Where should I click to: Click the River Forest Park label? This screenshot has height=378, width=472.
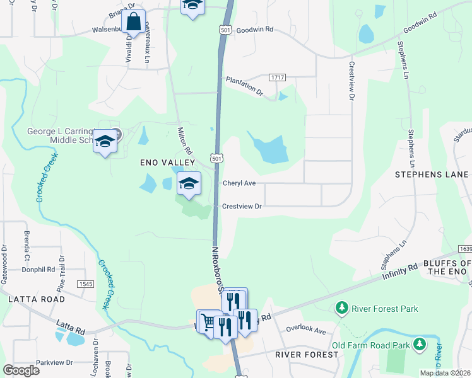click(x=380, y=308)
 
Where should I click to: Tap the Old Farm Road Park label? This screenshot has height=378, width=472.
click(x=370, y=345)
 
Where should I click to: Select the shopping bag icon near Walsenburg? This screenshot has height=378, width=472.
click(x=134, y=23)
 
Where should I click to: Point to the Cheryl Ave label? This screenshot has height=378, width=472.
click(x=239, y=183)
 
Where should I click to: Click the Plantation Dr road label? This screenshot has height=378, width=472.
click(x=244, y=86)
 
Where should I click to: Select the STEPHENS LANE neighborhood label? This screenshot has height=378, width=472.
click(x=432, y=174)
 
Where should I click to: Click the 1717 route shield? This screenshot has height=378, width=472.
click(x=277, y=77)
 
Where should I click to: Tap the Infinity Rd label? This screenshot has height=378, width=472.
click(x=400, y=272)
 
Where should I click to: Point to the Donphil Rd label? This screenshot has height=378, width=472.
click(x=38, y=269)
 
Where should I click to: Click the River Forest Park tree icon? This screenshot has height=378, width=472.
click(x=341, y=308)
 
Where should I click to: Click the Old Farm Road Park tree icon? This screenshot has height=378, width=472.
click(x=418, y=344)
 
